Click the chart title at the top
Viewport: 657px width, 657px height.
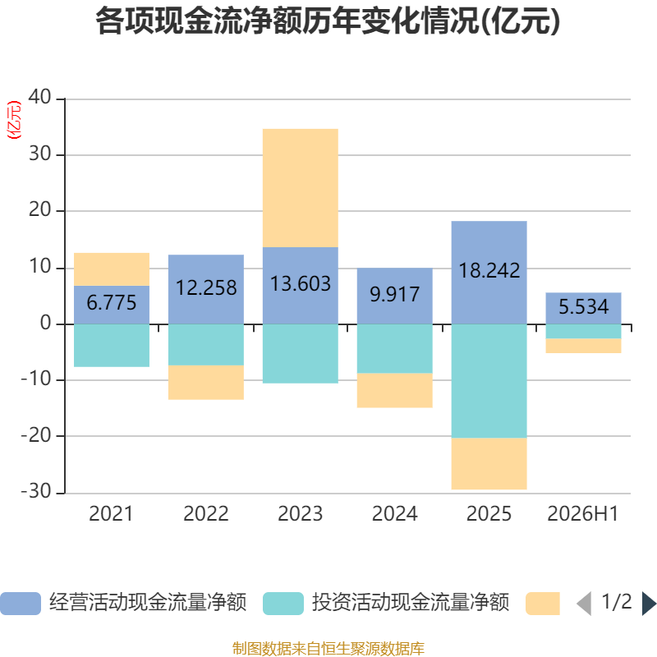[x=328, y=21]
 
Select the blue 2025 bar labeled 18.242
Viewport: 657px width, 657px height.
[x=489, y=273]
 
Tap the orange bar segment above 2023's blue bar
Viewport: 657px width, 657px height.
[x=301, y=188]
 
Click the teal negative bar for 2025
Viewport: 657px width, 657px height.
[x=489, y=381]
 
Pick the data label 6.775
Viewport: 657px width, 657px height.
[x=112, y=302]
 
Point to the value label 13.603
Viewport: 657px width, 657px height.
[x=301, y=283]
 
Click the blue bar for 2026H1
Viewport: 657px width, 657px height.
[x=583, y=309]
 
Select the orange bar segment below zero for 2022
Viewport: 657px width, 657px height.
[x=206, y=382]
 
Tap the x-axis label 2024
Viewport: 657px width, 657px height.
[x=395, y=514]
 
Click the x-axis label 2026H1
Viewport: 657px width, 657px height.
[x=583, y=514]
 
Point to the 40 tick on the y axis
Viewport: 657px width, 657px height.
[x=39, y=97]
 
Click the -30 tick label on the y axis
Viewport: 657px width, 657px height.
[x=36, y=491]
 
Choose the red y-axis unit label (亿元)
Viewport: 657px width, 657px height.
[x=14, y=120]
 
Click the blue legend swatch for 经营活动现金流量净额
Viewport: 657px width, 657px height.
[x=21, y=604]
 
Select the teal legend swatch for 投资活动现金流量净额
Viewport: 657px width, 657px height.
[x=283, y=604]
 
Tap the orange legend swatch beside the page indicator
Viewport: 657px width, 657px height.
[x=543, y=604]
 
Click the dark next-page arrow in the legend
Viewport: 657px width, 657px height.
[x=649, y=604]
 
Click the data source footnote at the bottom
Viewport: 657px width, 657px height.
[x=328, y=648]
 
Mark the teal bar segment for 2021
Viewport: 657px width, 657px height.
[x=112, y=346]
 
